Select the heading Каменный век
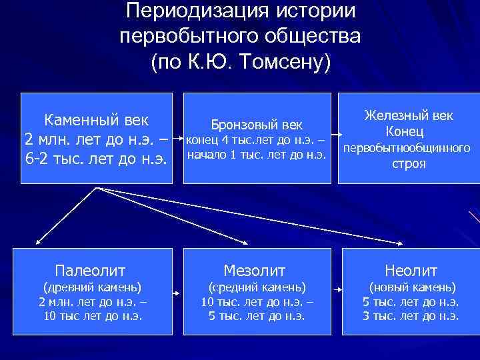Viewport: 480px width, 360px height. pos(96,121)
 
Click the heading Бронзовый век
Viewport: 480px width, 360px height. pos(257,125)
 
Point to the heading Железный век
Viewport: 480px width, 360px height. pos(409,115)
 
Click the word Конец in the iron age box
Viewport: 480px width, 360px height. pos(409,133)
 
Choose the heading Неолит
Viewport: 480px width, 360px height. pos(411,270)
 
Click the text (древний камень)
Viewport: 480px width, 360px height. pos(92,287)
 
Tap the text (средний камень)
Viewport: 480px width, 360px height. pos(257,287)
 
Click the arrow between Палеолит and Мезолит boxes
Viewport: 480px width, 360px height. pos(177,293)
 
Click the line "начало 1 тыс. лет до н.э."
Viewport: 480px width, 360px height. pos(257,155)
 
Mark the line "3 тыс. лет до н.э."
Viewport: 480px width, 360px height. pos(411,316)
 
